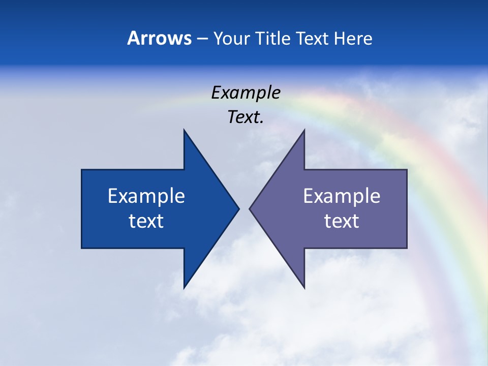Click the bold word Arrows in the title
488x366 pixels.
point(159,39)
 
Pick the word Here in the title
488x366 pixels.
point(353,39)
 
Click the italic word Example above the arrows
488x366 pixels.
point(246,93)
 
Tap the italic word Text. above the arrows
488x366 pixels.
point(246,117)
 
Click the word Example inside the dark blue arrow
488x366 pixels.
point(146,196)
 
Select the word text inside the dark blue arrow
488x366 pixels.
point(146,221)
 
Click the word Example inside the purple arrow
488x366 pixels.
point(342,196)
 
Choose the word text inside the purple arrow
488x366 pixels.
point(342,221)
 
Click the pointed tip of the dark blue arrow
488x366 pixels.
point(238,208)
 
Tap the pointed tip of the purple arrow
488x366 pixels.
point(250,208)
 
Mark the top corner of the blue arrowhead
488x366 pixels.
point(184,130)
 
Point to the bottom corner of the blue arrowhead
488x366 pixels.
point(184,288)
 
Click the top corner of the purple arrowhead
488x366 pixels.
point(304,130)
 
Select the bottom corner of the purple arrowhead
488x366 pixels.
point(304,288)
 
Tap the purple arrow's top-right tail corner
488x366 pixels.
point(407,170)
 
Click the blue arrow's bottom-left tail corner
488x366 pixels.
point(82,248)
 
